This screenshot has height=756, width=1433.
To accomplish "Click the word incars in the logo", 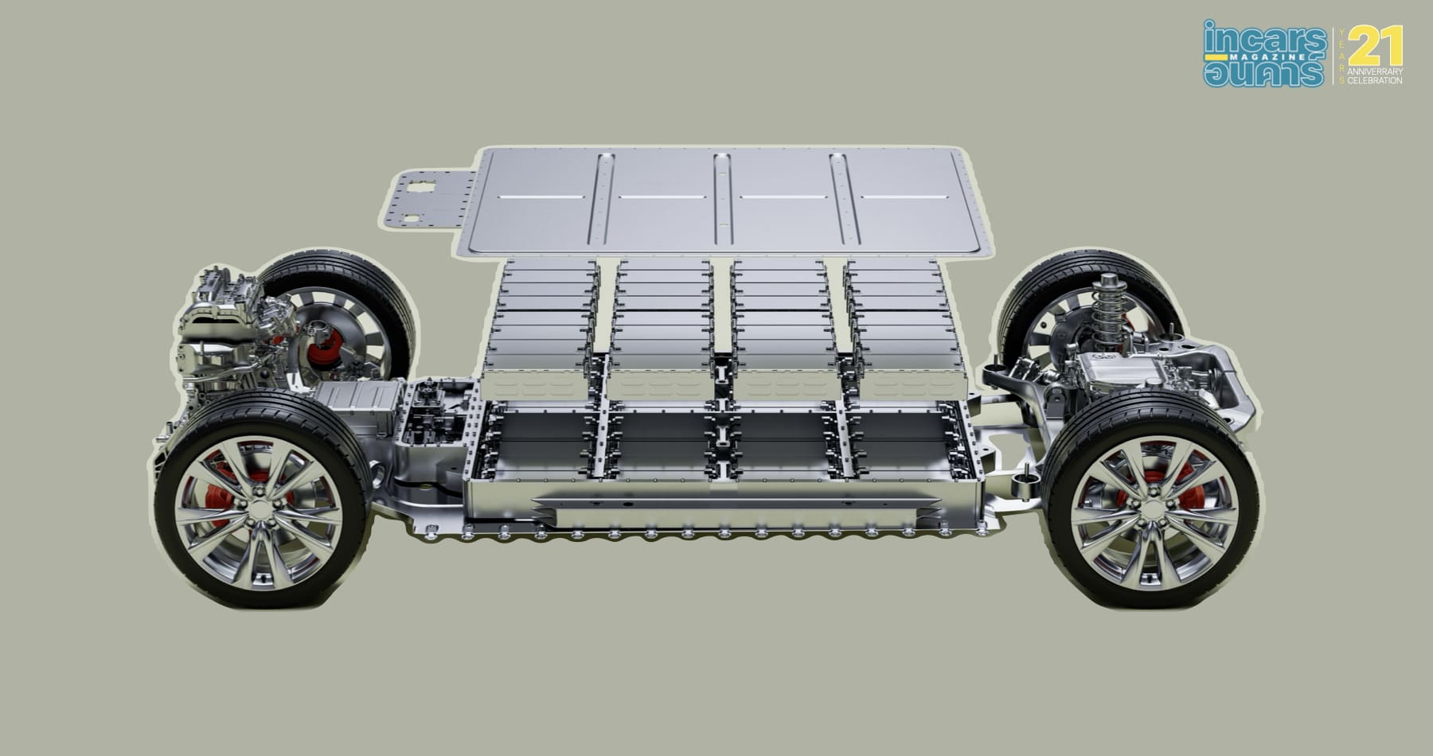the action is (x=1264, y=37).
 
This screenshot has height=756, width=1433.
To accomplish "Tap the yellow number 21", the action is (x=1376, y=45).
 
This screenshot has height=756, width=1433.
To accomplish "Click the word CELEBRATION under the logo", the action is (x=1376, y=81).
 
